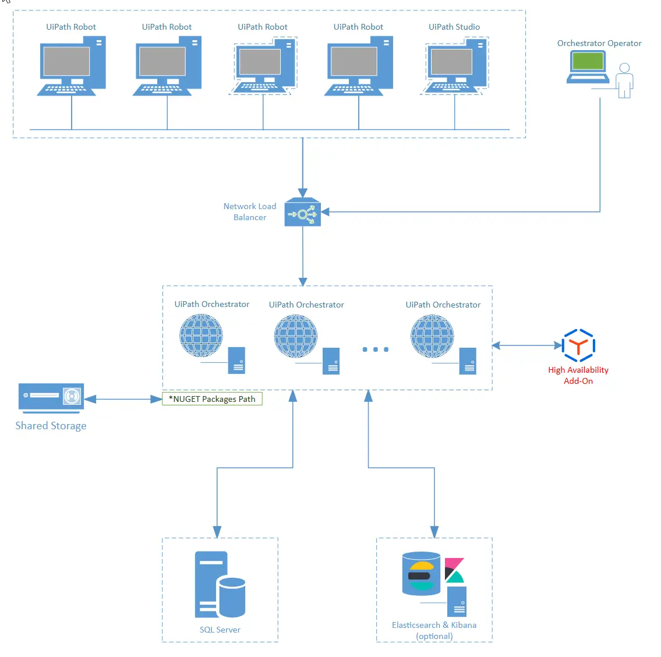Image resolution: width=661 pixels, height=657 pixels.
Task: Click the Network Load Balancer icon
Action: [x=302, y=213]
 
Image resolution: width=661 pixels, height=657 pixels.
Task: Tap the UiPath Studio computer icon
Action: [x=455, y=66]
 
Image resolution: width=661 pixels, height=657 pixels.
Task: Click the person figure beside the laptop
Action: [x=624, y=80]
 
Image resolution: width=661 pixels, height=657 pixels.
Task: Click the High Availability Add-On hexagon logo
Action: [x=578, y=346]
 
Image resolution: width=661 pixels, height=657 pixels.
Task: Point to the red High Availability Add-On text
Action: [x=578, y=375]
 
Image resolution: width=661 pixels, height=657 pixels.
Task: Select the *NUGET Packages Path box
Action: [x=212, y=399]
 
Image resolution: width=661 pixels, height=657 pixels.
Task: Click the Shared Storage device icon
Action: [x=51, y=398]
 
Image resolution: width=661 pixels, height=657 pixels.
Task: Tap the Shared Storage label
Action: [x=51, y=426]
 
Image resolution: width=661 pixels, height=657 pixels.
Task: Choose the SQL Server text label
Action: [x=220, y=630]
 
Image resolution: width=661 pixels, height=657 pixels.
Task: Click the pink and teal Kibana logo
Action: [x=454, y=570]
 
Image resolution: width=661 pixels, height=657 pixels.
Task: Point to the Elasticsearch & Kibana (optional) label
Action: [x=434, y=630]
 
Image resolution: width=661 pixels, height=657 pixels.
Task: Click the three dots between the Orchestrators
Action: [x=375, y=349]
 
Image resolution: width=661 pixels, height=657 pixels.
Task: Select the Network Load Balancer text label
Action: [x=250, y=211]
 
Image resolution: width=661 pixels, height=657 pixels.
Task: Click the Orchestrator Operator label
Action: [x=599, y=43]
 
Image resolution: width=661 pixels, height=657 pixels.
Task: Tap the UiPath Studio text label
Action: [x=454, y=27]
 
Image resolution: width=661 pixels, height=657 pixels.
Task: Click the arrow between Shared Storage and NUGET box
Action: [x=123, y=399]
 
